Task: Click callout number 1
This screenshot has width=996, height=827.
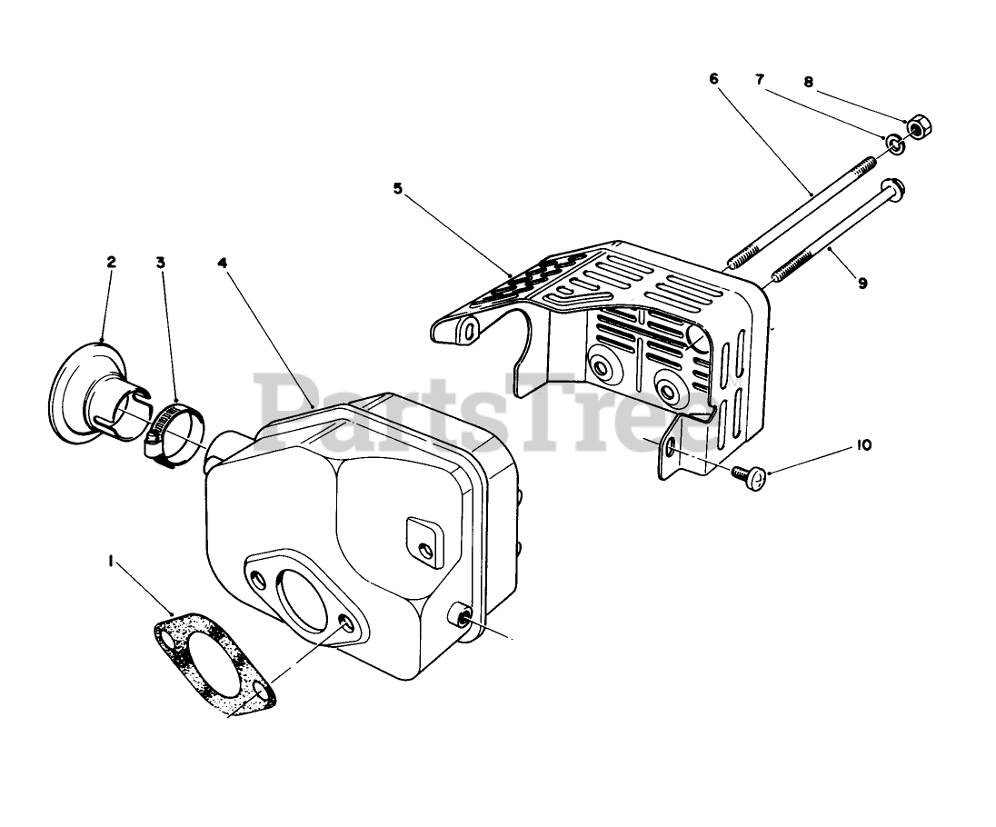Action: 111,563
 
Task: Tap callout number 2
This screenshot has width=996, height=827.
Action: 111,262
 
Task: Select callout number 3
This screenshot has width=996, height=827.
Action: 160,262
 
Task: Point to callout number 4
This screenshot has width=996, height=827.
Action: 222,262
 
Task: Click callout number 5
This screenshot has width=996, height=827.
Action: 397,189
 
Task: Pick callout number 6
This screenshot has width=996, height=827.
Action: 713,78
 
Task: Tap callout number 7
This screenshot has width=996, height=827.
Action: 760,78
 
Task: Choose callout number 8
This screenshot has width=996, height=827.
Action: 808,81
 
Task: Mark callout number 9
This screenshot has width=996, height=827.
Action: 862,283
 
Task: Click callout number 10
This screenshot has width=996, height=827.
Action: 862,445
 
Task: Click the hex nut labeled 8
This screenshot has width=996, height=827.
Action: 917,128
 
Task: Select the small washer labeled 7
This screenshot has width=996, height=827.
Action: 894,143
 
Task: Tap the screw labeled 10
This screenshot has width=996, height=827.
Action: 750,475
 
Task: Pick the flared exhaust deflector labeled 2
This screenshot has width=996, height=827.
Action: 94,391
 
